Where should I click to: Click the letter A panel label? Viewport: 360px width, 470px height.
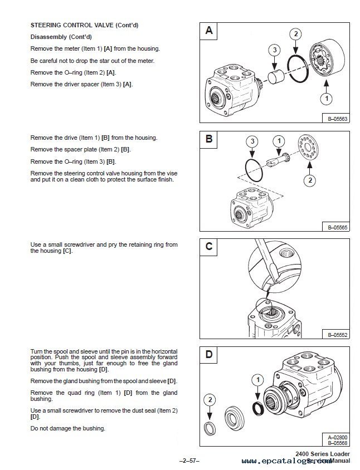pyautogui.click(x=209, y=31)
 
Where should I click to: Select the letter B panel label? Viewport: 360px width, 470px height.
pyautogui.click(x=209, y=139)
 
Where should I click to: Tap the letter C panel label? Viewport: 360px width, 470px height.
pyautogui.click(x=209, y=246)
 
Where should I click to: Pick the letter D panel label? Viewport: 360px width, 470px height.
pyautogui.click(x=209, y=354)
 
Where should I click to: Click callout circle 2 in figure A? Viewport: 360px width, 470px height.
pyautogui.click(x=296, y=35)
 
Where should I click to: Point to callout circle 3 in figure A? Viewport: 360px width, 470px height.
pyautogui.click(x=274, y=50)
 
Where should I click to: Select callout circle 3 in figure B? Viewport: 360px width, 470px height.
pyautogui.click(x=253, y=141)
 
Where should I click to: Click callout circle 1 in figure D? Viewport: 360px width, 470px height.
pyautogui.click(x=256, y=380)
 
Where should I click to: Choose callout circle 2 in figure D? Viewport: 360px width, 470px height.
pyautogui.click(x=210, y=399)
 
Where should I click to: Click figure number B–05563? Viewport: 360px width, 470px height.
pyautogui.click(x=335, y=117)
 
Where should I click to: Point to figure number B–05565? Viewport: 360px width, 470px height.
pyautogui.click(x=335, y=226)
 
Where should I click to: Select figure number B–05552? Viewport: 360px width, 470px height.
pyautogui.click(x=335, y=334)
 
